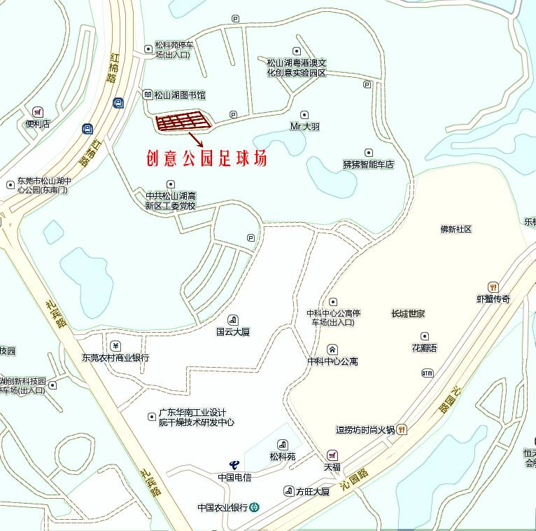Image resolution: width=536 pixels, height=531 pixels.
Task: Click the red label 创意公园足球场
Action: tap(206, 159)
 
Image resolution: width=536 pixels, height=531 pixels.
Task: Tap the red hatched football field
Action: tap(183, 122)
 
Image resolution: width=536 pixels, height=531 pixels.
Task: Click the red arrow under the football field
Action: tap(197, 139)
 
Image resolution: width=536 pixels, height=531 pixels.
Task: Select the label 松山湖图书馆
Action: tap(180, 95)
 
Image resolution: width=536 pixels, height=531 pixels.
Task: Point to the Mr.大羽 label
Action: tap(304, 127)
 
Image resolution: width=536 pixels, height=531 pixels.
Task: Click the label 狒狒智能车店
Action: tap(369, 165)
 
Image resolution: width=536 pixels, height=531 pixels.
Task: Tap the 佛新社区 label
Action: tap(456, 229)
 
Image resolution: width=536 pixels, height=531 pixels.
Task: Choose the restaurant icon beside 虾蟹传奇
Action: tap(493, 287)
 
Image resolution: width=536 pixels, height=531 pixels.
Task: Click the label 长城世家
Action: tap(408, 313)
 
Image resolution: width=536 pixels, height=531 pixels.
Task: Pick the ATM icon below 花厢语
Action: tap(427, 373)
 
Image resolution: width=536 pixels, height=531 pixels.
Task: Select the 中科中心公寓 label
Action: tap(332, 361)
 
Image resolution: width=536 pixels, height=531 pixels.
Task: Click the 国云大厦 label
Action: tap(233, 332)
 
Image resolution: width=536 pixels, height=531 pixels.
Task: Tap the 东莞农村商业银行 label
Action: tap(115, 357)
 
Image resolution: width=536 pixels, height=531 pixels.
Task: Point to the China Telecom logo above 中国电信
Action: tap(234, 464)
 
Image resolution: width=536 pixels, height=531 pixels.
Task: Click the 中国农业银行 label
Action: tap(223, 508)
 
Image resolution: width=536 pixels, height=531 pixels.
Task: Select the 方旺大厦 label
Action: tap(312, 492)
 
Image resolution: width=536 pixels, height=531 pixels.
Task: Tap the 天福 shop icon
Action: tap(332, 455)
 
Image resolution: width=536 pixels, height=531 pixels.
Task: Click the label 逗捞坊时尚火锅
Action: tap(365, 429)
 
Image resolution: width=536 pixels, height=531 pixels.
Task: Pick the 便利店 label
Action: tap(38, 124)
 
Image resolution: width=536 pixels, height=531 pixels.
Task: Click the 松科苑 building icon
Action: tap(283, 444)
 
